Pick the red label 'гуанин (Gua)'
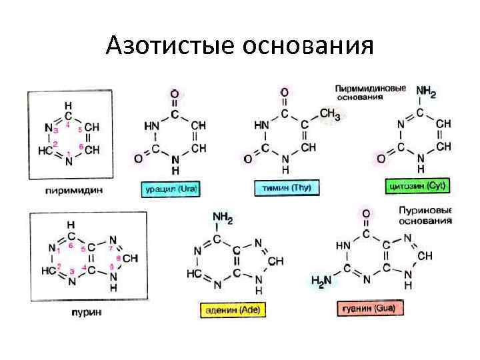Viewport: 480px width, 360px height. pyautogui.click(x=368, y=309)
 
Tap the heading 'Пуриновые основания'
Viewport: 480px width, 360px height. pyautogui.click(x=424, y=215)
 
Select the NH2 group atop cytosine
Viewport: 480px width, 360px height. pyautogui.click(x=425, y=92)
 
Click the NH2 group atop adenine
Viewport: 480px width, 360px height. pyautogui.click(x=222, y=217)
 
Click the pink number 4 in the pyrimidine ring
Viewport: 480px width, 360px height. pyautogui.click(x=68, y=124)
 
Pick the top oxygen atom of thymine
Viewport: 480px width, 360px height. pyautogui.click(x=285, y=92)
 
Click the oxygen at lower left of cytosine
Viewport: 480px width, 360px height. pyautogui.click(x=381, y=159)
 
